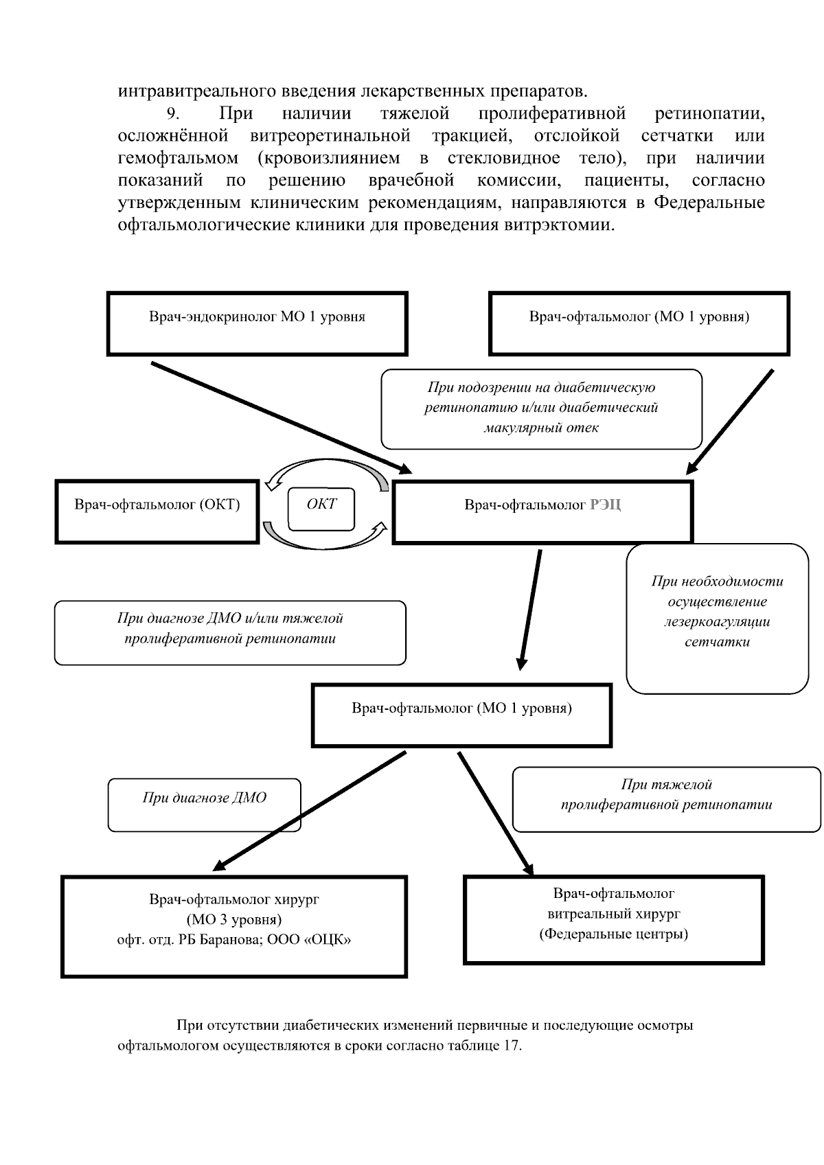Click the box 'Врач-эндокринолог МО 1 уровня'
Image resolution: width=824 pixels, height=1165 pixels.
[x=257, y=323]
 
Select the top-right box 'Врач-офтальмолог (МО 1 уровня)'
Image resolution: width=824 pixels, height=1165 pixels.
[x=639, y=323]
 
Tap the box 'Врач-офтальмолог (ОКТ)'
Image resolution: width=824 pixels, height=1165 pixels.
[x=157, y=512]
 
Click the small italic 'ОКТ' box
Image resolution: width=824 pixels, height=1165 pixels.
[x=321, y=509]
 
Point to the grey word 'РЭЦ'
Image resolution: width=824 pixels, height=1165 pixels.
[x=605, y=506]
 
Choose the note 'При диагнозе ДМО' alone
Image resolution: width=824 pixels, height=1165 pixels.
[x=204, y=805]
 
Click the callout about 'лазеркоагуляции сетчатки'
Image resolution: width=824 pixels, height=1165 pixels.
[x=717, y=618]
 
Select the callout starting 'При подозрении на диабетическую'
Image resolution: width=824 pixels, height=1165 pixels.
[x=541, y=408]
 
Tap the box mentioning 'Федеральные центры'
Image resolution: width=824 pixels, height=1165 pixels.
[x=613, y=919]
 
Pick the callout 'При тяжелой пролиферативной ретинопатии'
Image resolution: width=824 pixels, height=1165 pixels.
[x=666, y=798]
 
